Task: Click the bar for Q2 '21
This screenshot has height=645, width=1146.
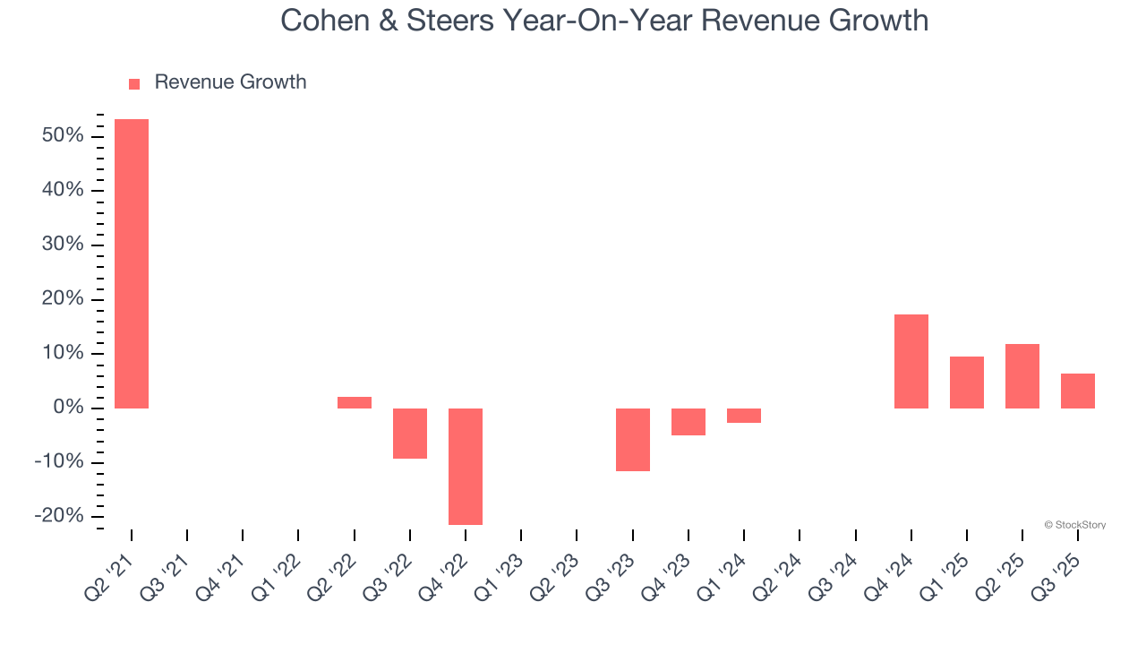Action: [x=132, y=263]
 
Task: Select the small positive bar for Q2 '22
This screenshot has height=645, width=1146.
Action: [x=355, y=402]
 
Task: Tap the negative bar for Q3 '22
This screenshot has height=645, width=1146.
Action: [x=410, y=434]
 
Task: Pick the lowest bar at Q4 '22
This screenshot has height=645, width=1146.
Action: [x=466, y=466]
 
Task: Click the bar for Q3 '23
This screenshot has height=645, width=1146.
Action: [x=633, y=439]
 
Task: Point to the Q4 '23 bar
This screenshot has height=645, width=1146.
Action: [x=688, y=422]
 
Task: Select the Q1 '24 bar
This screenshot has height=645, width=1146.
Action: [x=744, y=416]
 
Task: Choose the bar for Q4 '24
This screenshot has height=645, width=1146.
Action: [x=911, y=361]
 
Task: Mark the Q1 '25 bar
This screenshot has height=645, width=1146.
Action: [x=967, y=383]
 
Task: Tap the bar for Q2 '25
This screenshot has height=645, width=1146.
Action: [x=1022, y=376]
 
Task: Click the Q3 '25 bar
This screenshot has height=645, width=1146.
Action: [x=1078, y=391]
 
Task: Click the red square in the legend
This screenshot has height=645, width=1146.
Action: [x=134, y=83]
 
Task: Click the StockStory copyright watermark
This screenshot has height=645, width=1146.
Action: [x=1074, y=525]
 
